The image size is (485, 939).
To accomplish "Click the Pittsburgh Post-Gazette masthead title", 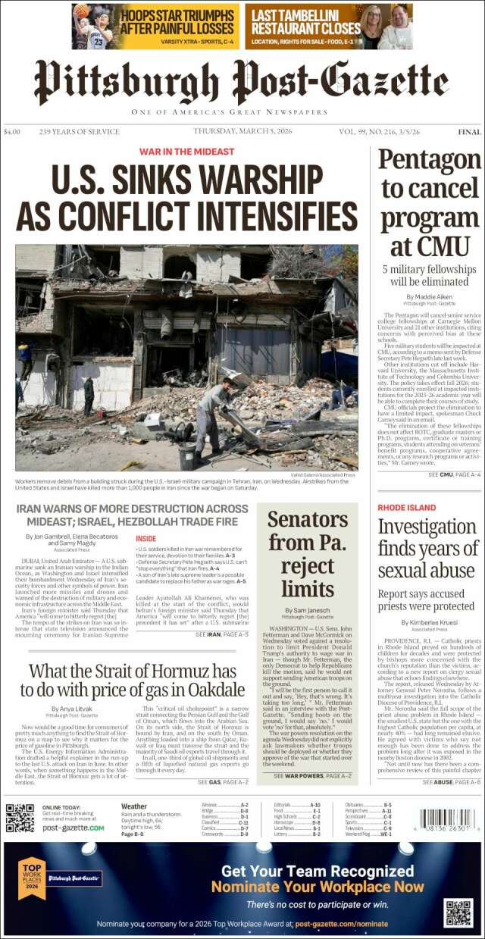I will (241, 82).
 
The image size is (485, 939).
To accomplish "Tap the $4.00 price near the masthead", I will (12, 132).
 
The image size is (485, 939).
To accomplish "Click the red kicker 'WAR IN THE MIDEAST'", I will (186, 152).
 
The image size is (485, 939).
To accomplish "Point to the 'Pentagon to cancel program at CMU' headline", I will (429, 202).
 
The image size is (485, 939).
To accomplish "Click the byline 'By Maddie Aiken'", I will (429, 296).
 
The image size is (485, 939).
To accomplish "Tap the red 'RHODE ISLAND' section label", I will (406, 507).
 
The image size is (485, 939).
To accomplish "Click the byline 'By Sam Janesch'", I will (307, 610).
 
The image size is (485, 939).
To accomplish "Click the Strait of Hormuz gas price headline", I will (133, 680).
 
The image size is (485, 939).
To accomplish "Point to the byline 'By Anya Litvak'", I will (73, 709).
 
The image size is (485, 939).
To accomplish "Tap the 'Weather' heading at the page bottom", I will (134, 806).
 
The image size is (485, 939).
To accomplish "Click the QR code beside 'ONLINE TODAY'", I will (20, 817).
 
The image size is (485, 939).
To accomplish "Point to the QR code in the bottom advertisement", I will (458, 892).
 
